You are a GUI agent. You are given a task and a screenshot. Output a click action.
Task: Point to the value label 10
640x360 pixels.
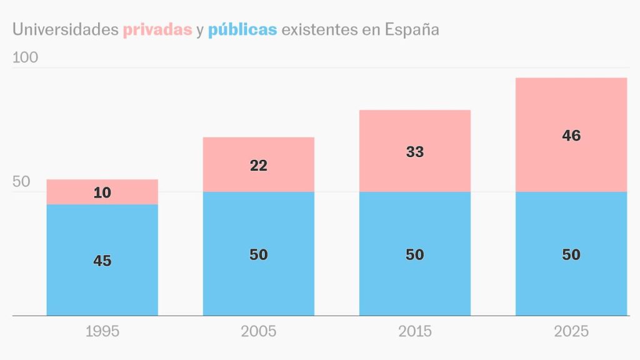coord(102,193)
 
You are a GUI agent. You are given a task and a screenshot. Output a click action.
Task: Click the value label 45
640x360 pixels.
coord(102,261)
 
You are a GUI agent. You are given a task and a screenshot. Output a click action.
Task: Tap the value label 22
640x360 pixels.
coord(259,166)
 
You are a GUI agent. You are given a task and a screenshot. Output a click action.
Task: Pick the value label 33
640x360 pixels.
coord(415,152)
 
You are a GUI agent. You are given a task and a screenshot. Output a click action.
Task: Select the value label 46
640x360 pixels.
coord(571,136)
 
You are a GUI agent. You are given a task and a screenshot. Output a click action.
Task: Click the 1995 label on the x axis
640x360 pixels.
coord(102,331)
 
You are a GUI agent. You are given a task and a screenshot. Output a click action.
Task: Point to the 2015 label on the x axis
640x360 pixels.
coord(415,331)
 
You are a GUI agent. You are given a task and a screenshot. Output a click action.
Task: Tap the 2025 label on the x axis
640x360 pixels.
coord(571,331)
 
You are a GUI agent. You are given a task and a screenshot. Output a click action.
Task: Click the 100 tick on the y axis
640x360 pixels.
coord(26,57)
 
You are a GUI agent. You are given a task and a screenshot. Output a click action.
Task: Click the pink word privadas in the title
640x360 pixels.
coord(157,29)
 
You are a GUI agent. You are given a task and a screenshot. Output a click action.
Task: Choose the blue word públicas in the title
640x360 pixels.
coord(242,29)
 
